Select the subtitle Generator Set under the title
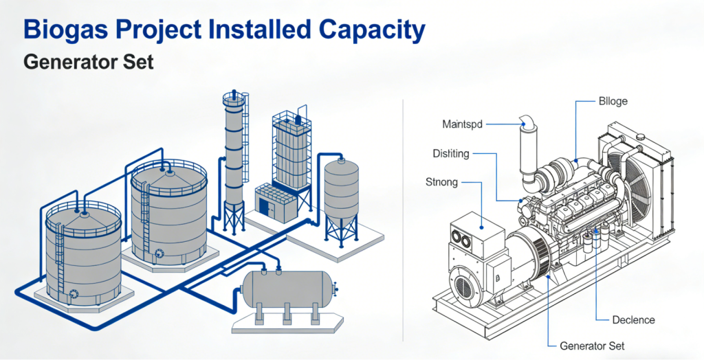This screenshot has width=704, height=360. tap(88, 63)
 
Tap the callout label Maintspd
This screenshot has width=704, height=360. tap(462, 124)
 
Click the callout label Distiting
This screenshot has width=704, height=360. tap(451, 153)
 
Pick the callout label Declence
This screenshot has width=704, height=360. tap(633, 319)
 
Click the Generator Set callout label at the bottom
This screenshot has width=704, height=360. tap(592, 346)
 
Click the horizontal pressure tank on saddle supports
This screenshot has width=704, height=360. tap(285, 289)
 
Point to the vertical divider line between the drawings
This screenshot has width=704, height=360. tap(402, 220)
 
